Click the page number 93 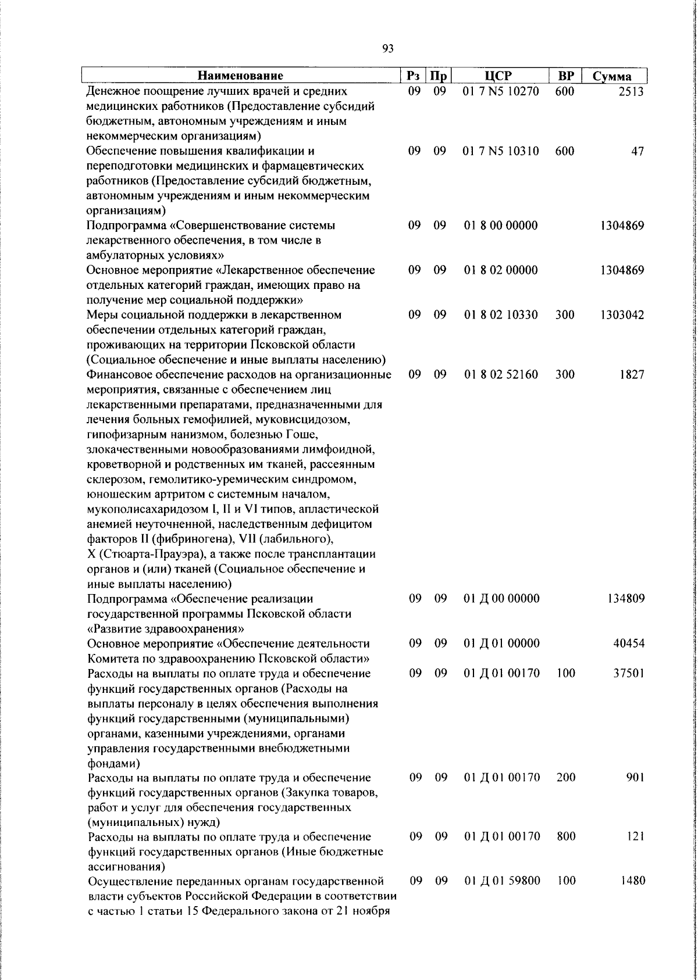tap(389, 49)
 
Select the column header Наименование tap(240, 76)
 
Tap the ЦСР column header tap(501, 76)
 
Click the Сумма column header tap(611, 76)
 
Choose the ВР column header tap(565, 76)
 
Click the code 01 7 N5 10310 tap(501, 151)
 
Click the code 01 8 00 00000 tap(501, 225)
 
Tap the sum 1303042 tap(622, 315)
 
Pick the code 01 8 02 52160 tap(501, 375)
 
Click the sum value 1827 tap(632, 375)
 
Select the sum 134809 tap(625, 599)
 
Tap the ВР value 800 tap(565, 836)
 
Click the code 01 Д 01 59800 tap(502, 881)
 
